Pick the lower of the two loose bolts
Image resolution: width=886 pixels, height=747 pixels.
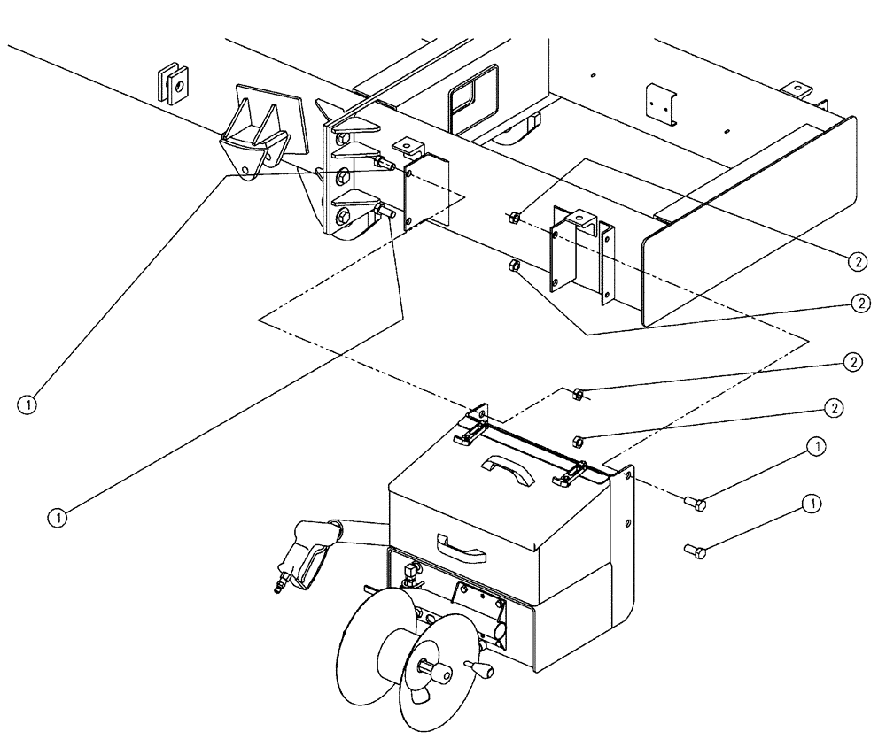695,551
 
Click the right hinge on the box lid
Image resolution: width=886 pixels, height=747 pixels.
564,478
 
